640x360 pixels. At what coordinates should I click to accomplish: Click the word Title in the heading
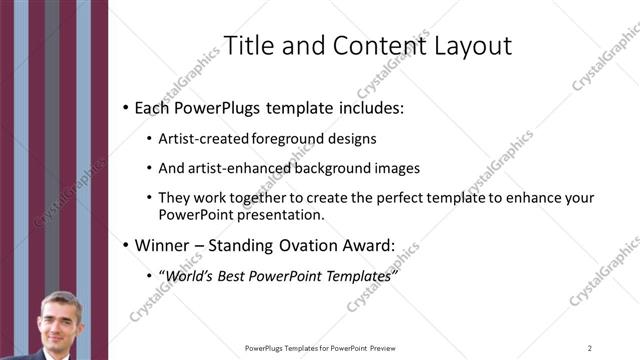tap(245, 46)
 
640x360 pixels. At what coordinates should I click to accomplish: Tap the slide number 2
tap(590, 348)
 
